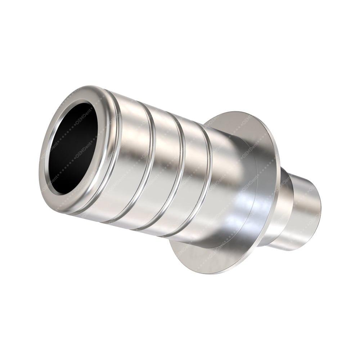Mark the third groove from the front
tap(180, 173)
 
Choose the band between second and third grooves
tap(166, 169)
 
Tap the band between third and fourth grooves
tap(194, 176)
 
